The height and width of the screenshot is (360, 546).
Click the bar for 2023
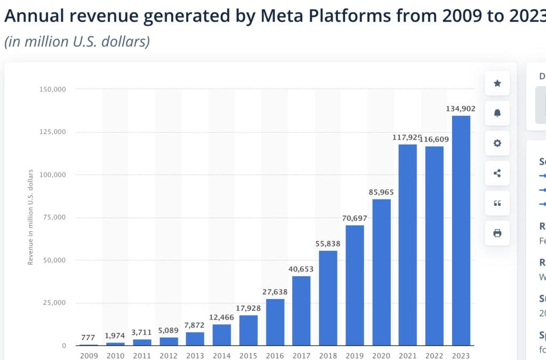(461, 230)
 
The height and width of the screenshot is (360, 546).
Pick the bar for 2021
(408, 245)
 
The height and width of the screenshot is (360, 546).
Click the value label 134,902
(461, 109)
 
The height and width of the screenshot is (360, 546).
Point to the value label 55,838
(328, 244)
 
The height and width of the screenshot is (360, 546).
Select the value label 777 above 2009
(89, 338)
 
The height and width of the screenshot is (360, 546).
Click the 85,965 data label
(381, 192)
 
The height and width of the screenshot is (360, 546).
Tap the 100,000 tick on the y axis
(53, 175)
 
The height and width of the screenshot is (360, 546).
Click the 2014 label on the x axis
(222, 355)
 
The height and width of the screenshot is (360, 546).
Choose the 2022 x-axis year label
(435, 355)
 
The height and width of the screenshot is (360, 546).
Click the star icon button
(497, 83)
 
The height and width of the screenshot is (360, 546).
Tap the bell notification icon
(497, 113)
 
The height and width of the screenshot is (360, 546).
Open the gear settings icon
(497, 143)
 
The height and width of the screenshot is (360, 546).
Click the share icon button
(497, 173)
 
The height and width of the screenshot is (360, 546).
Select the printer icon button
(497, 233)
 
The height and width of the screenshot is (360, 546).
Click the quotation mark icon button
(497, 203)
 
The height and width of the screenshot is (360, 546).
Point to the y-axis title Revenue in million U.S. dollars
(30, 217)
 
